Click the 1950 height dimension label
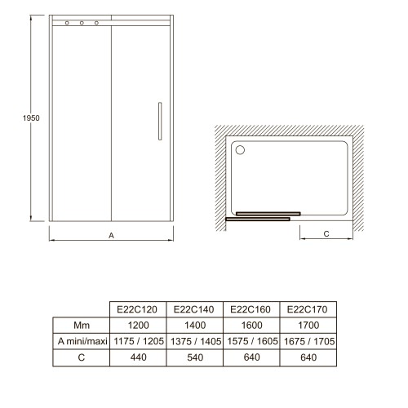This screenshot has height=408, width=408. (31, 118)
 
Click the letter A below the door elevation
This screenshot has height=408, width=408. (111, 236)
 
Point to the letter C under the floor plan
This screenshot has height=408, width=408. (326, 234)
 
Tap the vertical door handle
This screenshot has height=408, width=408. (160, 122)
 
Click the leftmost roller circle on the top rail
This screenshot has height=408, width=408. (67, 23)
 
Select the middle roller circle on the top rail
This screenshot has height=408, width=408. (82, 23)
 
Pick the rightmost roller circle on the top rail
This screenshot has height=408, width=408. (96, 23)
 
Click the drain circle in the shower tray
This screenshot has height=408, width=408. (240, 150)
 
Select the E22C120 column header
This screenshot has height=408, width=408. (137, 309)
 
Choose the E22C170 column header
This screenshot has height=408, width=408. (308, 309)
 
